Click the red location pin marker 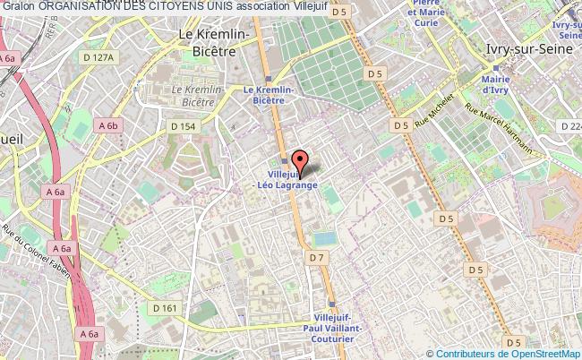point(300,162)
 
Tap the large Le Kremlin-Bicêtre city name point(221,42)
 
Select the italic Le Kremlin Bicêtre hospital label point(202,98)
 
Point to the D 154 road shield point(183,126)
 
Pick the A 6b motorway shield point(108,125)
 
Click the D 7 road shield point(316,258)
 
